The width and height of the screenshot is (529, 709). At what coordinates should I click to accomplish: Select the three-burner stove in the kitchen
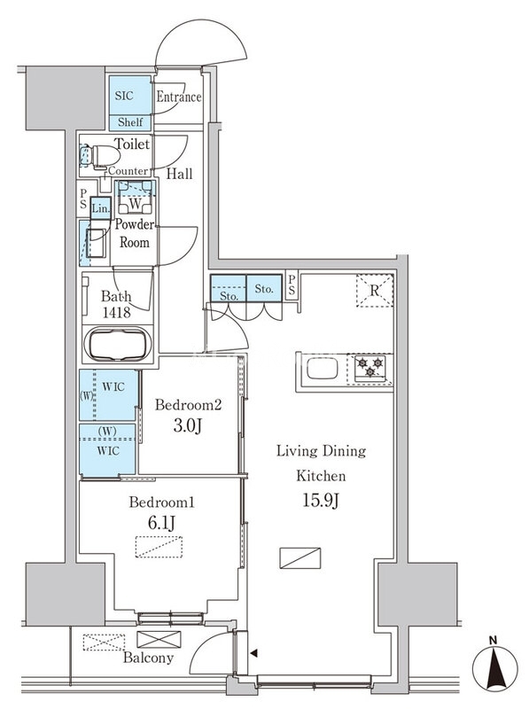click(x=370, y=366)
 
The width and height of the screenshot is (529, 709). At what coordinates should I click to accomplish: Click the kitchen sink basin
click(x=322, y=368)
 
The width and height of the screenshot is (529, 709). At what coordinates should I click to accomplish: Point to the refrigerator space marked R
click(x=374, y=291)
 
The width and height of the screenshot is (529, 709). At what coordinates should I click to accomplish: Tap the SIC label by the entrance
click(x=124, y=96)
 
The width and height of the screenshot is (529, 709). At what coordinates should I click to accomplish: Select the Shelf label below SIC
click(x=130, y=122)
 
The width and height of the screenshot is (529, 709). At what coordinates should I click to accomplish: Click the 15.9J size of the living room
click(x=321, y=501)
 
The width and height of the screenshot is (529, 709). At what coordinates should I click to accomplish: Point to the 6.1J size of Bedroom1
click(x=161, y=523)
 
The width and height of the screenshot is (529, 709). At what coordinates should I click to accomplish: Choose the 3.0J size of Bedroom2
click(x=187, y=426)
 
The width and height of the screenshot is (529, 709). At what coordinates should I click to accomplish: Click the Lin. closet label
click(x=100, y=209)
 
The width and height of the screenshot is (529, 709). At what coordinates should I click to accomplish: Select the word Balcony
click(x=148, y=658)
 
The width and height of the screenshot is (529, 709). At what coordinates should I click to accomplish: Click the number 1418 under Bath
click(x=117, y=313)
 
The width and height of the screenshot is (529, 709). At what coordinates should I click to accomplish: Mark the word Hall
click(x=179, y=174)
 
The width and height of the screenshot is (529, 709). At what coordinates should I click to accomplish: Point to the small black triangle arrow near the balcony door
click(x=254, y=653)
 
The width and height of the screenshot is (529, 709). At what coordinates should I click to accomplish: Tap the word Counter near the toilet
click(x=128, y=171)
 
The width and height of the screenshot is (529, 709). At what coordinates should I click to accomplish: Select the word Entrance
click(x=179, y=97)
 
